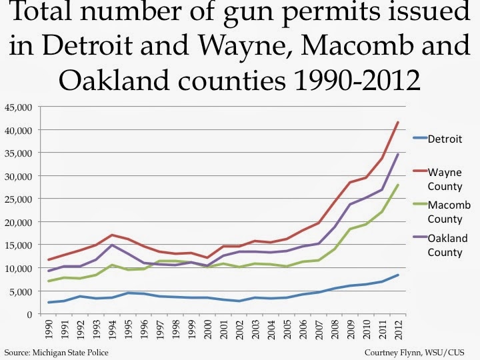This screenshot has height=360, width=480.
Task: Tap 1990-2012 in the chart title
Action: [360, 81]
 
